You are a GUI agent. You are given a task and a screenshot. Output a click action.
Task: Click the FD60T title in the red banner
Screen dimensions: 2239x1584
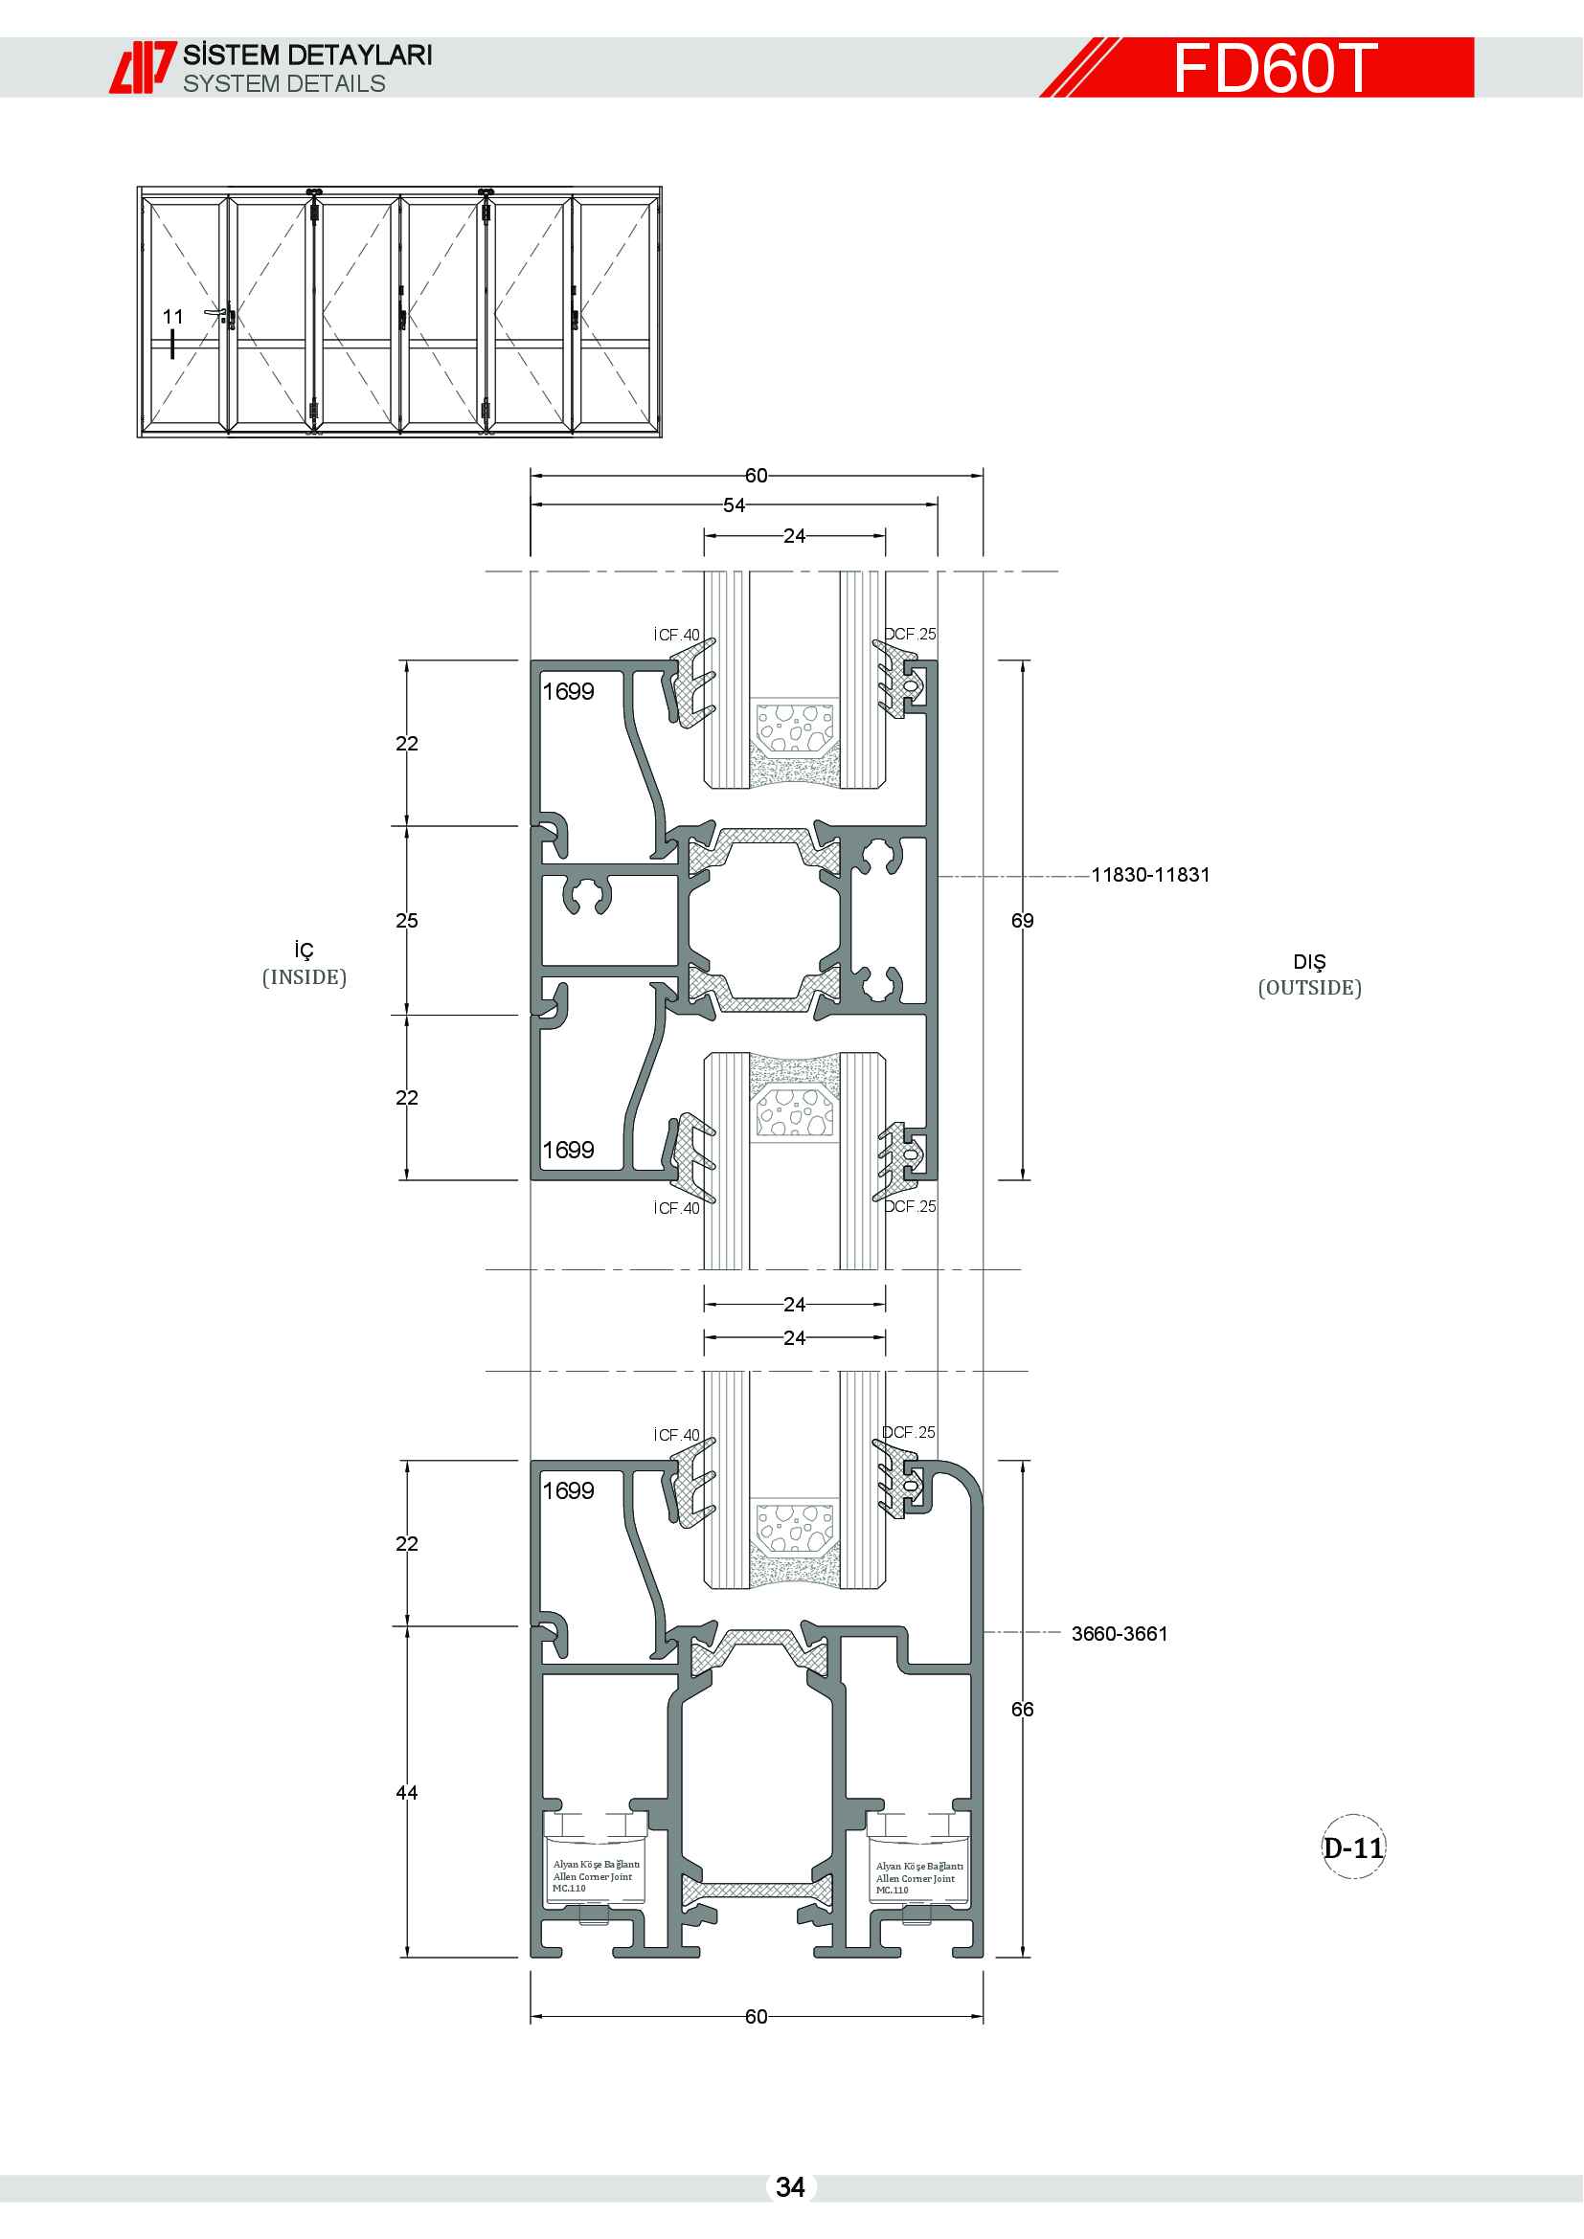pyautogui.click(x=1274, y=68)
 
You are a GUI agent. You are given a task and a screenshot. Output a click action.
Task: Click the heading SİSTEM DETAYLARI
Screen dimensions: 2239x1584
pyautogui.click(x=307, y=55)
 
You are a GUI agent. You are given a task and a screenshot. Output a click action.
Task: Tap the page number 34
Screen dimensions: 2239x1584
pyautogui.click(x=790, y=2187)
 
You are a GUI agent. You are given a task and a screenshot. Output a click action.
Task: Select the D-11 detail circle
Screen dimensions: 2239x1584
pyautogui.click(x=1353, y=1847)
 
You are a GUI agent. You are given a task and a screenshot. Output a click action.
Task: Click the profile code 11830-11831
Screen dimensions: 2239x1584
pyautogui.click(x=1150, y=875)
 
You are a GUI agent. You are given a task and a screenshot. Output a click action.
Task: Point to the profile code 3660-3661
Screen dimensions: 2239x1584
pyautogui.click(x=1119, y=1633)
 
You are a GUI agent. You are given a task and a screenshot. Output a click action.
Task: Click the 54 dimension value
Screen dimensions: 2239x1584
pyautogui.click(x=734, y=505)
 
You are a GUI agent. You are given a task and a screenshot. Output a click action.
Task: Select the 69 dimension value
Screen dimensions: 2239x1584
pyautogui.click(x=1022, y=921)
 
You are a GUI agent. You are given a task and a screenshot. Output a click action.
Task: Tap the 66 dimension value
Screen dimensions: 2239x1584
pyautogui.click(x=1022, y=1710)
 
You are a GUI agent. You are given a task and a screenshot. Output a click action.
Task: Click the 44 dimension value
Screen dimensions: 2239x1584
pyautogui.click(x=407, y=1792)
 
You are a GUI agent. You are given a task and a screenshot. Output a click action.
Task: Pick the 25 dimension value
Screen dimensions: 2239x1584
pyautogui.click(x=407, y=921)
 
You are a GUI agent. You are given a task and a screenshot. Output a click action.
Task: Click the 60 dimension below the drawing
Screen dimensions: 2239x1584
pyautogui.click(x=756, y=2017)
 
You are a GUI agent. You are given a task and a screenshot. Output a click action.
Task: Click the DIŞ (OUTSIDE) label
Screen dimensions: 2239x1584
pyautogui.click(x=1309, y=974)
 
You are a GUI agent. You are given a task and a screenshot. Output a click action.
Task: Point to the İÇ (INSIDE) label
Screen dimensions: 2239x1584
pyautogui.click(x=305, y=964)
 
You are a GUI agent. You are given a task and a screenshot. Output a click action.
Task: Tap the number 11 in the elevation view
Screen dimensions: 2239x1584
pyautogui.click(x=172, y=317)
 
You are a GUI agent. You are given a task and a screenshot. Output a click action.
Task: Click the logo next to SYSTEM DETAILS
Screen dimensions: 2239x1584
pyautogui.click(x=143, y=67)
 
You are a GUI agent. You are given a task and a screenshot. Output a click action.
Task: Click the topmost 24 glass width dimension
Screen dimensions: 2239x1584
pyautogui.click(x=794, y=535)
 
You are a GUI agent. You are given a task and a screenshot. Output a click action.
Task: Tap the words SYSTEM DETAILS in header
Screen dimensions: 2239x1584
pyautogui.click(x=283, y=84)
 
